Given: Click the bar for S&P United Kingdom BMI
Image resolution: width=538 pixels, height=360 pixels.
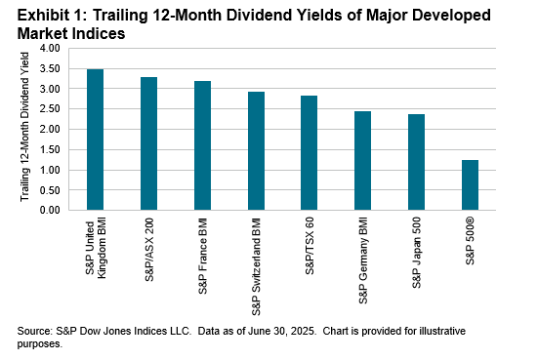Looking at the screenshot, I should tap(96, 140).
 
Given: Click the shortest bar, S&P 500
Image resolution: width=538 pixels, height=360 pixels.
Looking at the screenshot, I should tap(469, 185).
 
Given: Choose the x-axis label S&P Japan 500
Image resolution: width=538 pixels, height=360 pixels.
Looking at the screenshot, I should tap(417, 249).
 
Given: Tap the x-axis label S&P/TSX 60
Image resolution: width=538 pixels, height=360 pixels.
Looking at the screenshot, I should tap(310, 244).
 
